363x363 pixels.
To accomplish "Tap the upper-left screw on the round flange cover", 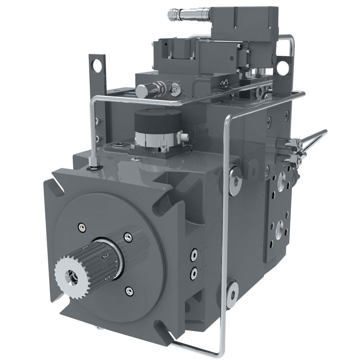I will (x=82, y=227).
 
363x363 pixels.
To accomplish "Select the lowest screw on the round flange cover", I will (x=128, y=290).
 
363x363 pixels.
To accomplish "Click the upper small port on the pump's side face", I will (x=193, y=254).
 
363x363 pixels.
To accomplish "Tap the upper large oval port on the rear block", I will (x=281, y=179).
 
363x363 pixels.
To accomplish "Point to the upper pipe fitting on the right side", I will (x=293, y=143).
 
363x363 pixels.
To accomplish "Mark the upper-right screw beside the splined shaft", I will (x=128, y=237).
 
